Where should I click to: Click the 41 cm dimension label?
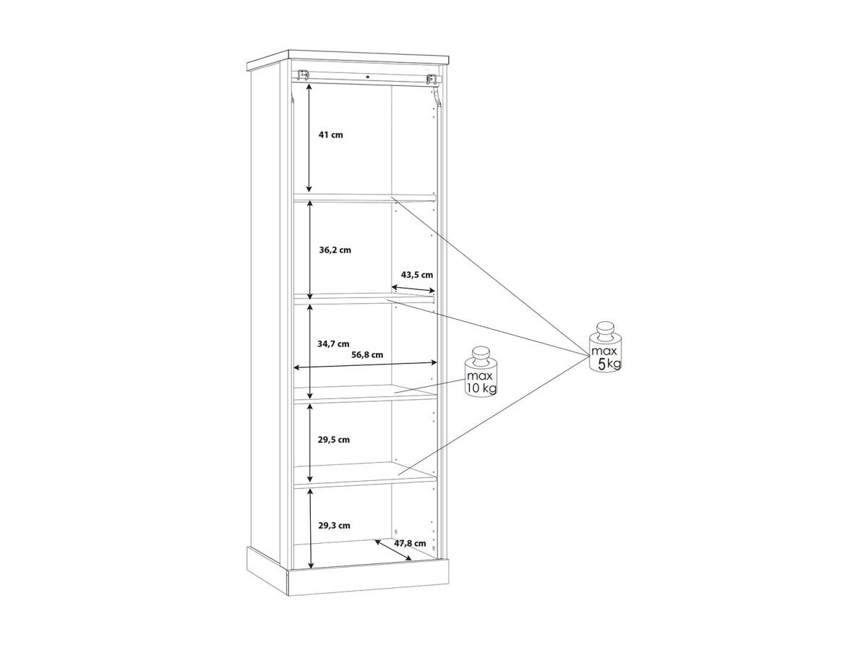[331, 135]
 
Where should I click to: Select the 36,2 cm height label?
[335, 250]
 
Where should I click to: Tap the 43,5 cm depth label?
[416, 274]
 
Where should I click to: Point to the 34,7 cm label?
[333, 345]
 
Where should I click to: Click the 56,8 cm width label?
[367, 354]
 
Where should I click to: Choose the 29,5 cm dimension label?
[333, 440]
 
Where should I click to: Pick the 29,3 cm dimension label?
[334, 525]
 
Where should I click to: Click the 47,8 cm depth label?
[410, 543]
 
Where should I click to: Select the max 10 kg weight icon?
[481, 372]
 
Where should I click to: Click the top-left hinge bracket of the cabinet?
[303, 75]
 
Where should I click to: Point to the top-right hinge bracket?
[434, 80]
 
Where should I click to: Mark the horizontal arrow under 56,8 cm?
[366, 364]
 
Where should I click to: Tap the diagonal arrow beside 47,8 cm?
[393, 550]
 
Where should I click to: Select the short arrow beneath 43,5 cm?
[414, 289]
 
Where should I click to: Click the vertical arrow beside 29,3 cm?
[312, 529]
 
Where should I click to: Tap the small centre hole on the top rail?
[368, 77]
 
